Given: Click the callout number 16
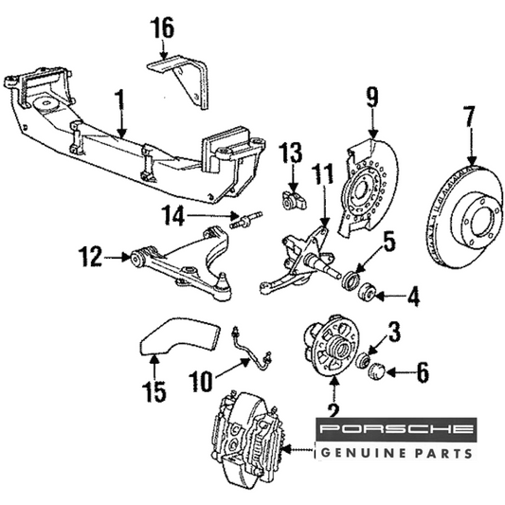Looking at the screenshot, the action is coord(163,27).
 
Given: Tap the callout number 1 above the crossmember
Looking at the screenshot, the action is coord(119,101).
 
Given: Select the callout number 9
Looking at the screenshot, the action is coord(372,97).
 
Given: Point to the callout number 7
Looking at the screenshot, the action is coord(469,117).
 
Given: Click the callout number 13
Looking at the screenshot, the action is coord(291,152).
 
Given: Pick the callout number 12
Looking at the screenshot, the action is coord(91,257).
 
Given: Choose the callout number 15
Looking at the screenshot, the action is coord(154,390).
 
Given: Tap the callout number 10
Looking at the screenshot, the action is coord(201,381).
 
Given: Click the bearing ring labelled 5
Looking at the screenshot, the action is coord(351,280).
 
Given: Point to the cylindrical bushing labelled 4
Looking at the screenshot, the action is coord(366,292).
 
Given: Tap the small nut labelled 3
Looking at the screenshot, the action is coord(362,360).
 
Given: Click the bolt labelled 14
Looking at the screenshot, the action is coord(246,220).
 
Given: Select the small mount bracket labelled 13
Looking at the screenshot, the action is coord(294,201).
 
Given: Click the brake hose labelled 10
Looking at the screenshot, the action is coord(252,350).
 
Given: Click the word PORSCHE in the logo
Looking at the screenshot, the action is coord(396,428).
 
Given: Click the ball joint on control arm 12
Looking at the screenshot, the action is coord(223,281).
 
